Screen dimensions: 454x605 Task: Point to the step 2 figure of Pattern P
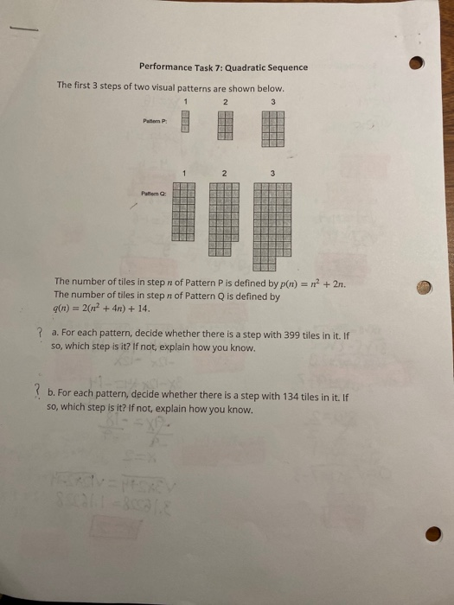pos(225,125)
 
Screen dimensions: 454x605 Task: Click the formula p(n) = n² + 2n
pos(369,281)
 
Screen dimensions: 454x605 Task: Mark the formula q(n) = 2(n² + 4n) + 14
pos(102,307)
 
